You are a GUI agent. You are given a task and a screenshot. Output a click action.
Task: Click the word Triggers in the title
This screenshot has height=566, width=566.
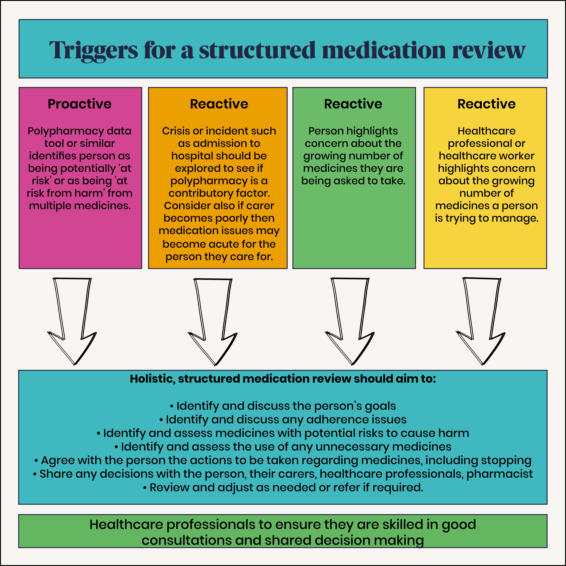click(93, 50)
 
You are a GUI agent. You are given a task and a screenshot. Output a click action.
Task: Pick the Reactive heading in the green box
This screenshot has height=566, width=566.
click(353, 104)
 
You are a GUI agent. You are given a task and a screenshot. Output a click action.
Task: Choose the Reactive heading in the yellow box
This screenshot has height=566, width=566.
click(486, 104)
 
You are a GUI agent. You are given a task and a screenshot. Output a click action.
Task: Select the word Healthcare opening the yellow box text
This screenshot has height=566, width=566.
click(486, 131)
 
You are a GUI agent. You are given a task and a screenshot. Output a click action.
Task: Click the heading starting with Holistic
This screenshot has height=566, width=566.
click(283, 379)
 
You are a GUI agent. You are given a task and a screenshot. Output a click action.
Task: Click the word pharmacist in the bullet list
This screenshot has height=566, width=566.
click(500, 474)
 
